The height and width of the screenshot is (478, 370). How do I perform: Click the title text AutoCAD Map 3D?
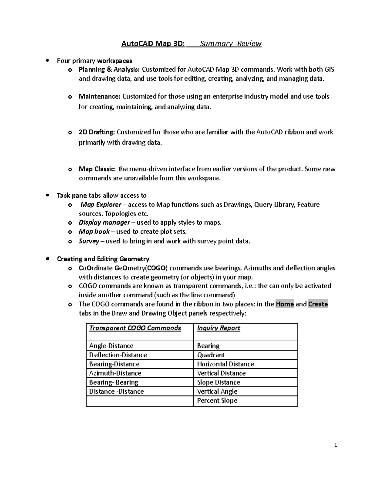tap(153, 43)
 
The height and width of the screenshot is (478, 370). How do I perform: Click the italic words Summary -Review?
tap(231, 43)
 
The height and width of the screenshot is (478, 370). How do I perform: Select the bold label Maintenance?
tap(99, 96)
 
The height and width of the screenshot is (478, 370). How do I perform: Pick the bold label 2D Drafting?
tap(97, 132)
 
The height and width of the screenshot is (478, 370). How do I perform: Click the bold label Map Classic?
tap(97, 169)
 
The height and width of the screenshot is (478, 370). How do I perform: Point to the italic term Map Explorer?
tap(101, 205)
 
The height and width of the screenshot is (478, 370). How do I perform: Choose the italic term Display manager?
tap(104, 223)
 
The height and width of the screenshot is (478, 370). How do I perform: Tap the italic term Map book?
tap(94, 231)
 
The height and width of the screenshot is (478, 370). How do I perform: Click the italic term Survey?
tap(89, 241)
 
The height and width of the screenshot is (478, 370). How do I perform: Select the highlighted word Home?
tap(285, 304)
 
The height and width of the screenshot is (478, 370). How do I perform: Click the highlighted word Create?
tap(318, 304)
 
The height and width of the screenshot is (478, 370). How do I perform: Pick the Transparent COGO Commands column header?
tap(135, 328)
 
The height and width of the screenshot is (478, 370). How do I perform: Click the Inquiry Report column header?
tap(218, 328)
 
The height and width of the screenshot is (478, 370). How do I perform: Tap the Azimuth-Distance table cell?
tap(115, 373)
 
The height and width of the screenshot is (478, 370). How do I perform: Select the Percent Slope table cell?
tap(217, 400)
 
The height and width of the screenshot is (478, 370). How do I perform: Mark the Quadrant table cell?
tap(211, 355)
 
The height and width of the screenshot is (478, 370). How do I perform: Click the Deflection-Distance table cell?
tap(118, 355)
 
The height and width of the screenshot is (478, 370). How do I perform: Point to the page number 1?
tap(336, 445)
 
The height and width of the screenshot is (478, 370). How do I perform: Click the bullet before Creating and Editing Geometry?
tap(47, 259)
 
